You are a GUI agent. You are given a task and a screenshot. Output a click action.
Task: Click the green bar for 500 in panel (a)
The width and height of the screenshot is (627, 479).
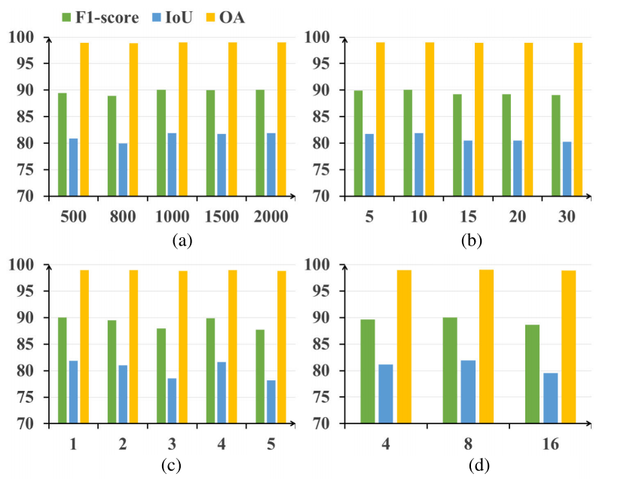click(x=63, y=144)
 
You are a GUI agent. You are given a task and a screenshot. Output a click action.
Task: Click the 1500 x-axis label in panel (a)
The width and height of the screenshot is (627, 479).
click(x=222, y=216)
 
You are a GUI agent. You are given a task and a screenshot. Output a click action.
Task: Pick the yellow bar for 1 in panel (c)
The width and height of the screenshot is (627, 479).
click(x=84, y=346)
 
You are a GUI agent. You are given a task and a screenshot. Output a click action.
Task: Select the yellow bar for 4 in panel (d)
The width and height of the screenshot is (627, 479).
click(x=404, y=346)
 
